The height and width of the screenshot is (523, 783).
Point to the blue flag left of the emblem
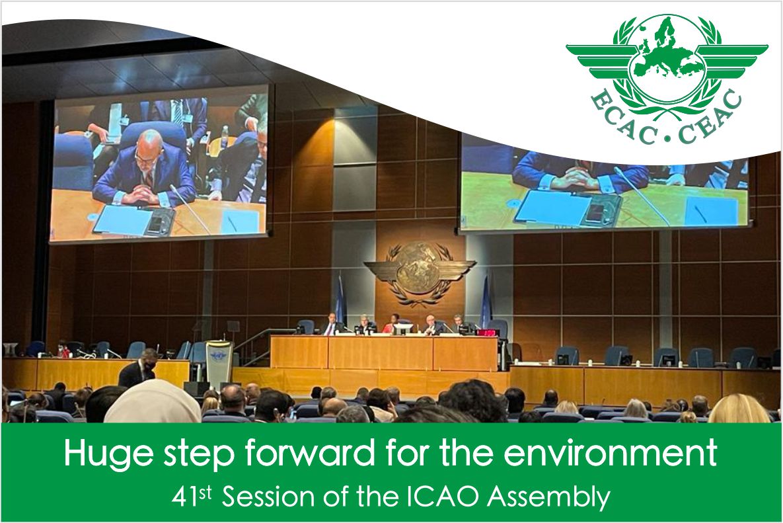340,300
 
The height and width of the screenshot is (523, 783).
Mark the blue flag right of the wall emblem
486,301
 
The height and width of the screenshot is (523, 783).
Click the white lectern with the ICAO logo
219,362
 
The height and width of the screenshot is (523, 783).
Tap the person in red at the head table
392,324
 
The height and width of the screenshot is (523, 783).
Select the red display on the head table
487,332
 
